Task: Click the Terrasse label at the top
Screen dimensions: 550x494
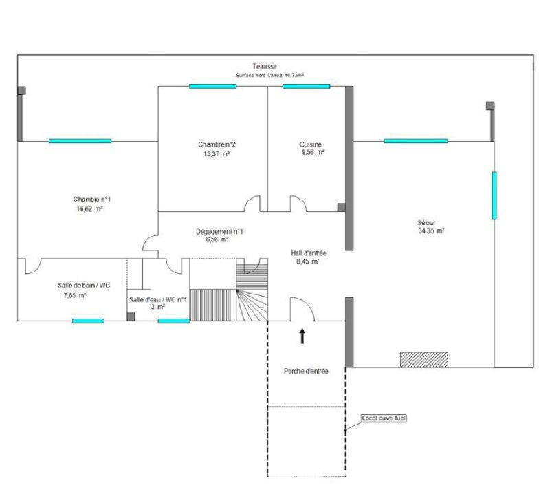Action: coord(265,66)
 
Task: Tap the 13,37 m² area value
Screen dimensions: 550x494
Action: coord(217,154)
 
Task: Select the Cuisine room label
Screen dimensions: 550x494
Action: coord(311,144)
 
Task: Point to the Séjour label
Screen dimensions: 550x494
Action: coord(426,223)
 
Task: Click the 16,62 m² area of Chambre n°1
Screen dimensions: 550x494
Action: coord(89,209)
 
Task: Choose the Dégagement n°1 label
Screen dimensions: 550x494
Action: coord(219,232)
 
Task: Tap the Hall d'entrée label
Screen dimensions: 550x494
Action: coord(308,253)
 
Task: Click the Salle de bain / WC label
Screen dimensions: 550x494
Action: coord(84,286)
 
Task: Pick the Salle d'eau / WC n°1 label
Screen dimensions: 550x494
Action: coord(158,299)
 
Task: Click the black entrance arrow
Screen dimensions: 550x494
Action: coord(302,336)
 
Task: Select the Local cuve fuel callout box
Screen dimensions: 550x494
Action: coord(384,418)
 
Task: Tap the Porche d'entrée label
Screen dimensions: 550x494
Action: coord(306,371)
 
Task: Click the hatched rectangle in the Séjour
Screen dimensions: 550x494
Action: coord(424,360)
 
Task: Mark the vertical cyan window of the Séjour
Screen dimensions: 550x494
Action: coord(494,195)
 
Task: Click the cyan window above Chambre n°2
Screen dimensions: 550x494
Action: coord(212,87)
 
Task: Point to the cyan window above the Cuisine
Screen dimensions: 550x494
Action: coord(306,87)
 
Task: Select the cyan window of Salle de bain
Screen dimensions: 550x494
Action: coord(88,321)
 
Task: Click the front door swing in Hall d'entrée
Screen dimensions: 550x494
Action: coord(302,309)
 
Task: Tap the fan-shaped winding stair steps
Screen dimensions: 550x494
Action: coord(252,305)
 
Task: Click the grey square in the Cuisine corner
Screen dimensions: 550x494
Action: coord(341,208)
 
